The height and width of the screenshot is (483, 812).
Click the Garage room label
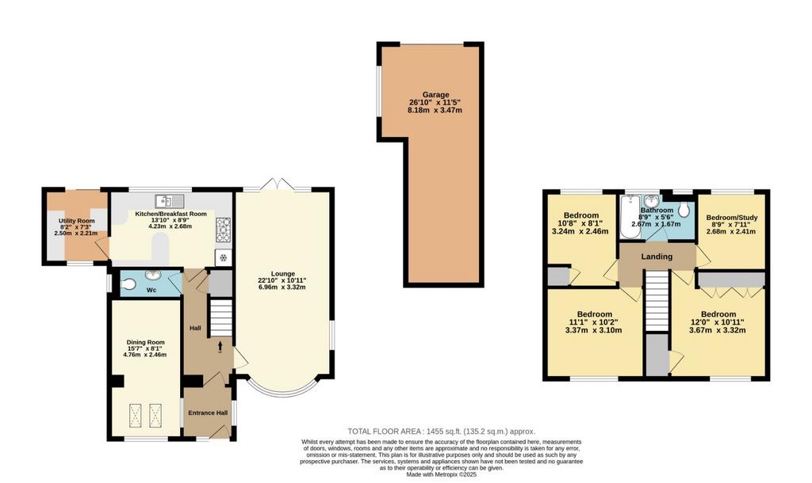[x=435, y=95]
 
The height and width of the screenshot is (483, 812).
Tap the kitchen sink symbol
[x=169, y=200]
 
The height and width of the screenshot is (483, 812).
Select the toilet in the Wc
[x=128, y=284]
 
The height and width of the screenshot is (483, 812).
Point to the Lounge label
[x=283, y=273]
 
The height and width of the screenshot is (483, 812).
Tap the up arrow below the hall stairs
[x=220, y=346]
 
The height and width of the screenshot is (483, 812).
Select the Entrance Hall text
[x=208, y=413]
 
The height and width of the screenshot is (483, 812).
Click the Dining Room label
[x=146, y=342]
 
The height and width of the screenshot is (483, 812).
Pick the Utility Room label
[x=77, y=221]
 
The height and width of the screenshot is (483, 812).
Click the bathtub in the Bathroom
[x=630, y=217]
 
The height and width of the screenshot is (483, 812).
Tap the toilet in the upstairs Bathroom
[x=684, y=210]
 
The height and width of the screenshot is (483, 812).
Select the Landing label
[x=657, y=257]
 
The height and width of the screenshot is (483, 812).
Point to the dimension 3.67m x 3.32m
[x=718, y=330]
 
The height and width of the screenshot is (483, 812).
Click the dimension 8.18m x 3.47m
[x=435, y=110]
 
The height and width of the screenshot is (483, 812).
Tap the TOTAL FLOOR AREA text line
[x=441, y=432]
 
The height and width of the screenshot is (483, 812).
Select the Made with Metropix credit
[x=441, y=474]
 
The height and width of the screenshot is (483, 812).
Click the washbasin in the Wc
[x=153, y=275]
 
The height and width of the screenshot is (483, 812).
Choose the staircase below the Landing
[x=657, y=302]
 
